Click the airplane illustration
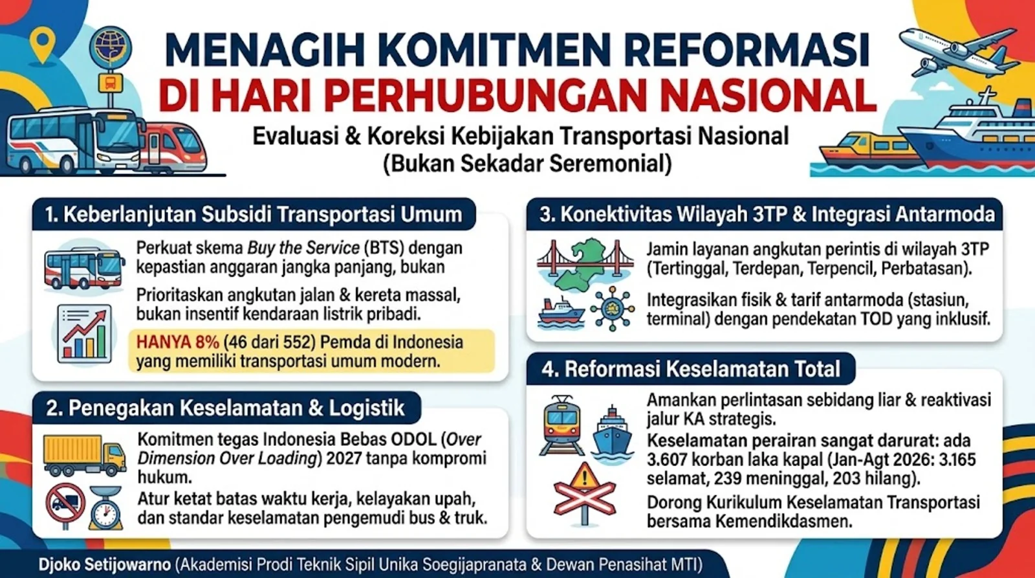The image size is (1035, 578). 959,53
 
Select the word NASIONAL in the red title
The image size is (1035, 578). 764,96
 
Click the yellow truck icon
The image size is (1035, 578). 85,456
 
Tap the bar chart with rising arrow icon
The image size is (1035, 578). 85,333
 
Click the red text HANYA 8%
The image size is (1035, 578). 177,342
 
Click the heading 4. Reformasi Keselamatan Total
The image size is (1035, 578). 691,370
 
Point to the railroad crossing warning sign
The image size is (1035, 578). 585,494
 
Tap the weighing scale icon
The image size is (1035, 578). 106,507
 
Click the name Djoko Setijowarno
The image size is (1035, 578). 105,564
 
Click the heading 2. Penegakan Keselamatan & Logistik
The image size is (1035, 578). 226,408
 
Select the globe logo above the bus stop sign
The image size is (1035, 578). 111,48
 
